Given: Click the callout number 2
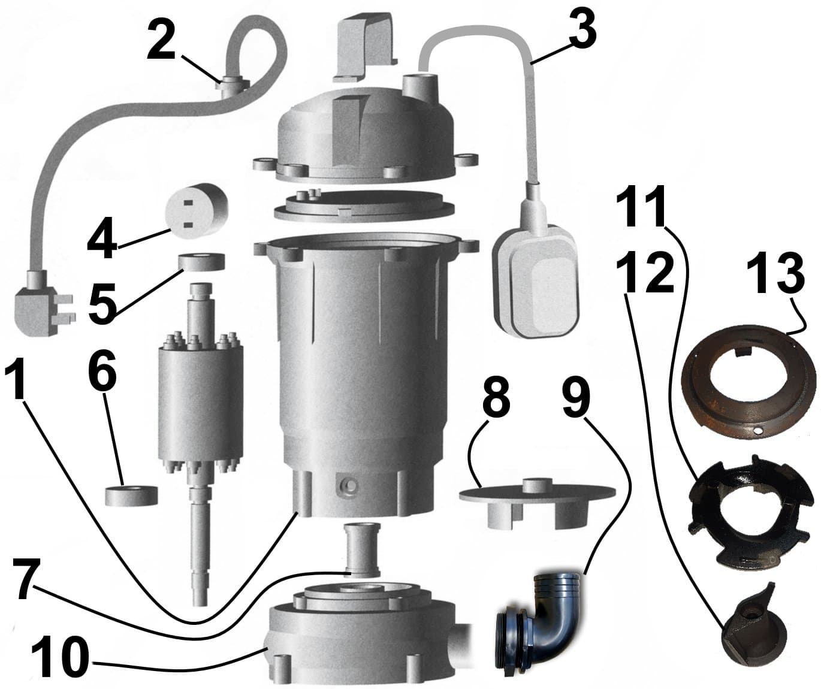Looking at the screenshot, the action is tap(162, 40).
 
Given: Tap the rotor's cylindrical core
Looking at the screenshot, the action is tap(200, 401).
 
